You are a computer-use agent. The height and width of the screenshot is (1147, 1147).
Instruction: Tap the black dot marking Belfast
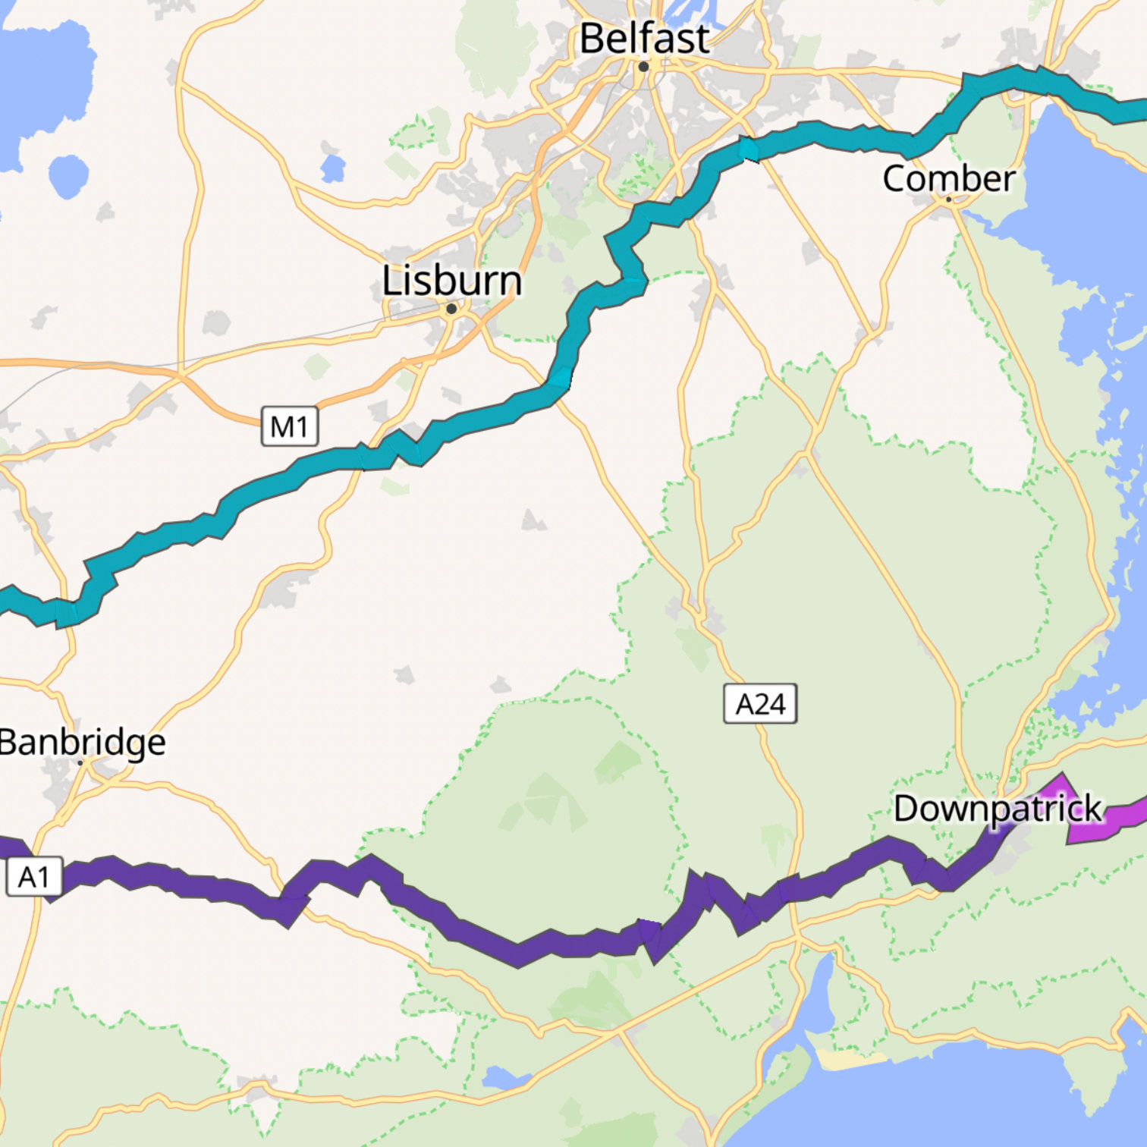coord(643,67)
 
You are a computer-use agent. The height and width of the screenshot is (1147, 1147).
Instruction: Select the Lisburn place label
coord(452,281)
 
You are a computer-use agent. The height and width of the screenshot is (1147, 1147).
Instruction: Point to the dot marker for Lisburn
coord(451,309)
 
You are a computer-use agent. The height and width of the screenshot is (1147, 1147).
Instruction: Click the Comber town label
coord(948,179)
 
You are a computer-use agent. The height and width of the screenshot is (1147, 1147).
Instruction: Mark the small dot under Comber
coord(948,200)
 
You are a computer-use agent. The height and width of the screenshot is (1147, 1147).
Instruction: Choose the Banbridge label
coord(82,742)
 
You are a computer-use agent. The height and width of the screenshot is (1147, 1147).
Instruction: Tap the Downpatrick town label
coord(997,809)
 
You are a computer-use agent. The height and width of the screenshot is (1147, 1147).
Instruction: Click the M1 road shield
coord(289,427)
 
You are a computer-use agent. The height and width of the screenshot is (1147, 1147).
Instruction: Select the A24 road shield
coord(760,704)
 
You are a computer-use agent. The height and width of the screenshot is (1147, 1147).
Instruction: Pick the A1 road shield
coord(34,877)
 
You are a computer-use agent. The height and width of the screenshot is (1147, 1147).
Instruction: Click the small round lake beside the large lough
coord(68,176)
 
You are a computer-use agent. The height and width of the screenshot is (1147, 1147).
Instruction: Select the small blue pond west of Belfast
coord(332,168)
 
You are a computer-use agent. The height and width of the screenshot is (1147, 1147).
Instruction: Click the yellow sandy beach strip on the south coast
coord(850,1059)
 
